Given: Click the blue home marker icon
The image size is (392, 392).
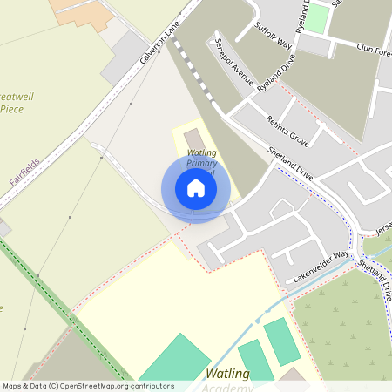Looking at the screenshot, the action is click(x=196, y=188).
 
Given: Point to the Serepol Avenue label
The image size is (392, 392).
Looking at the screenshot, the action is click(x=234, y=63).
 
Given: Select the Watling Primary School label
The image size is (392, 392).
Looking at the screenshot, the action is click(x=202, y=161).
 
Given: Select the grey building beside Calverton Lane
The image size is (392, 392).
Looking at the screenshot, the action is click(x=125, y=57).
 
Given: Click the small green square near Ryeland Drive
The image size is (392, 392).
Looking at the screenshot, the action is click(x=319, y=18).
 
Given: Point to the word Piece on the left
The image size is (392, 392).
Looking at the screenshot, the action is click(x=12, y=109).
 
